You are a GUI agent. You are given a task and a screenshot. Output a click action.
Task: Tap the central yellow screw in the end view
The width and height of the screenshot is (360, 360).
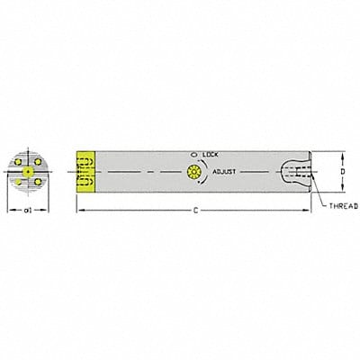(x=28, y=170)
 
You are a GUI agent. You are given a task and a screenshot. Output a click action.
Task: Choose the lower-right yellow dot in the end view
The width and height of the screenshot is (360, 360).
(x=36, y=181)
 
